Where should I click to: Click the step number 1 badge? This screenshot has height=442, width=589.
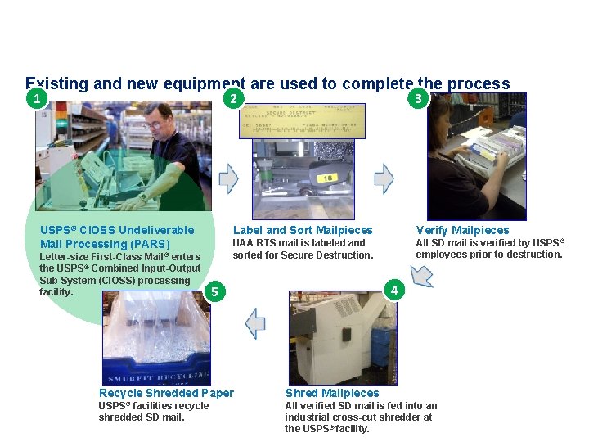pyautogui.click(x=34, y=99)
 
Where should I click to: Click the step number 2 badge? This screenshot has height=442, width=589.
pyautogui.click(x=233, y=99)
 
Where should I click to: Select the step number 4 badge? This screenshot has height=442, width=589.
pyautogui.click(x=394, y=290)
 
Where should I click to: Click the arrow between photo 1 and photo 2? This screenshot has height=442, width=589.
pyautogui.click(x=229, y=178)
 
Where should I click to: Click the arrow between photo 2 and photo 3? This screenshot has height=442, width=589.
pyautogui.click(x=384, y=178)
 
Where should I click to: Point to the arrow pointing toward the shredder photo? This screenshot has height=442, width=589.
pyautogui.click(x=421, y=276)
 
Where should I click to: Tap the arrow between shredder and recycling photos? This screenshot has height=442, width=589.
pyautogui.click(x=255, y=323)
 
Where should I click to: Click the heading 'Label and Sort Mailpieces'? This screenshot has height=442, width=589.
pyautogui.click(x=302, y=230)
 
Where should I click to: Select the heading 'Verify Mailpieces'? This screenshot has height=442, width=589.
pyautogui.click(x=462, y=230)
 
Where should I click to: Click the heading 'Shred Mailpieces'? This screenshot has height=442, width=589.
pyautogui.click(x=331, y=393)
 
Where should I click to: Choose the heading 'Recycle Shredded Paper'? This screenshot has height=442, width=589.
pyautogui.click(x=166, y=393)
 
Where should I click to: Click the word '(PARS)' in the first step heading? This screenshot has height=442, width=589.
pyautogui.click(x=150, y=244)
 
